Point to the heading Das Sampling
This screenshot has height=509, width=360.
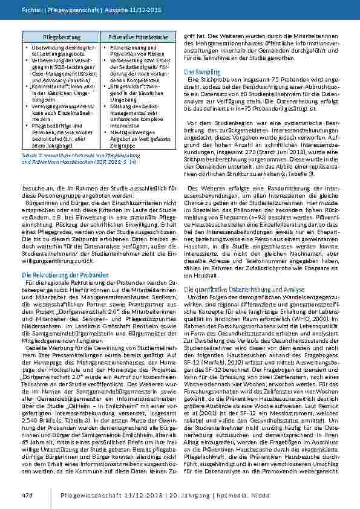pos(201,73)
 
